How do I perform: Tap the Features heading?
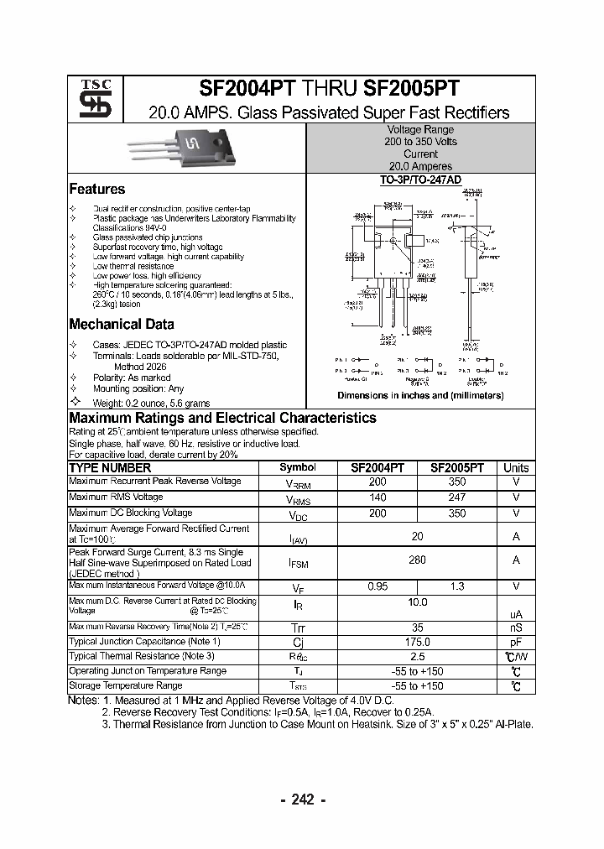(96, 190)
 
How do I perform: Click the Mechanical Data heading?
(121, 325)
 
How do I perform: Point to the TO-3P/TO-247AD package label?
(420, 180)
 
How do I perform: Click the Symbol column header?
(297, 468)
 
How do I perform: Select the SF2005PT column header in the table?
(456, 468)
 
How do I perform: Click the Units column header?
(516, 468)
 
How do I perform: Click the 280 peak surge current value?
(417, 560)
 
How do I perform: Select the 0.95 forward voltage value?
(377, 586)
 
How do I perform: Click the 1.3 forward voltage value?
(456, 586)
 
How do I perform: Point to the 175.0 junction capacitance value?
(417, 642)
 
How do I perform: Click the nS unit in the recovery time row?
(516, 627)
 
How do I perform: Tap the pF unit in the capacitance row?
(516, 642)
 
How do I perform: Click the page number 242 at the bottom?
(301, 800)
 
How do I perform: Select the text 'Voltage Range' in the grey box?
(420, 130)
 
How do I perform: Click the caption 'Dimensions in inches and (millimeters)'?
(420, 395)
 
